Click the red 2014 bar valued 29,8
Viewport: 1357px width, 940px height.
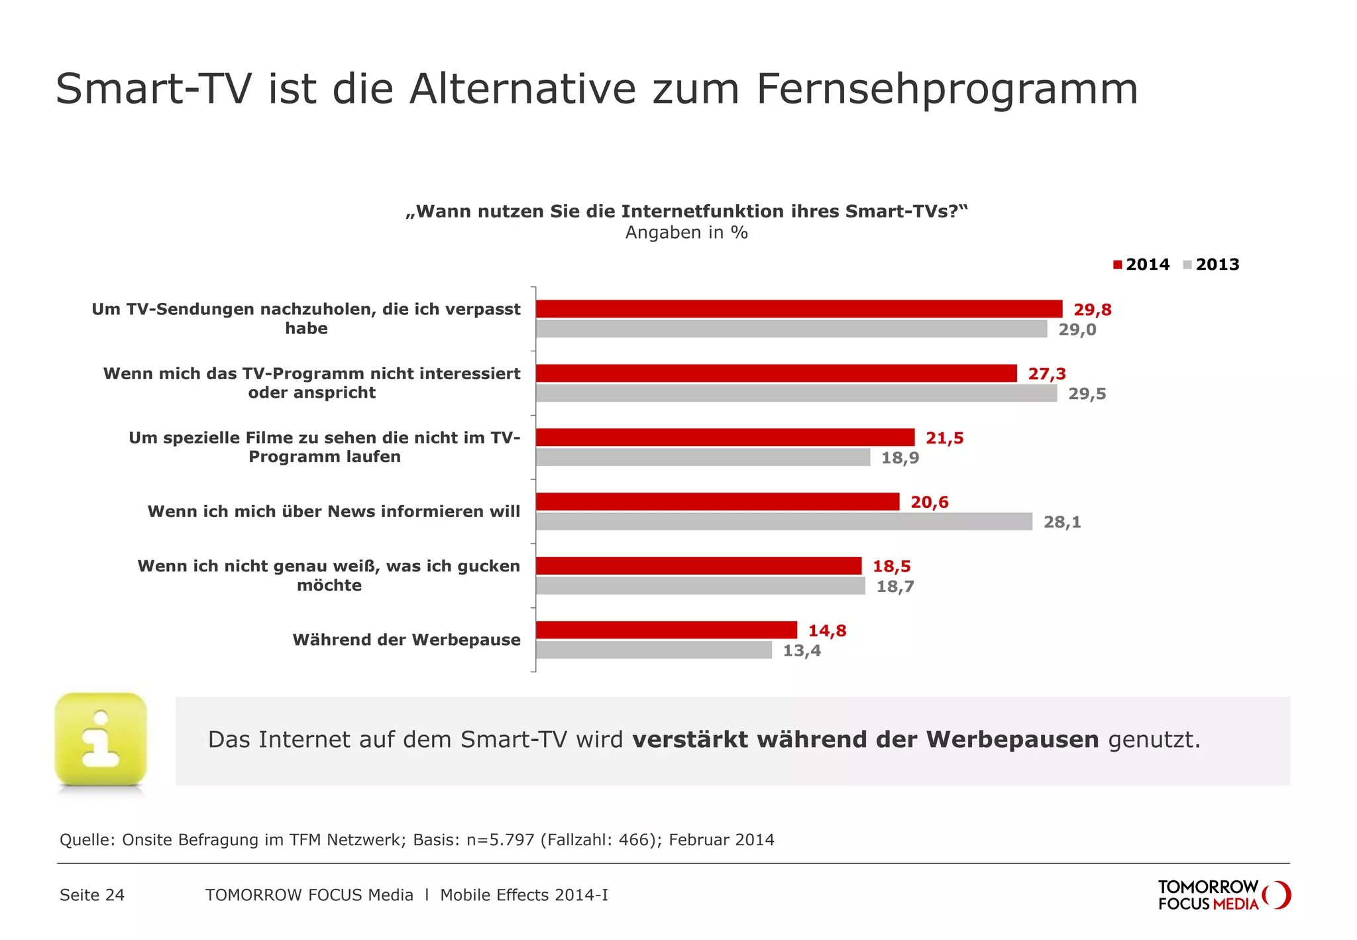pyautogui.click(x=798, y=309)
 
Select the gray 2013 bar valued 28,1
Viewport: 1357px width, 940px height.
pyautogui.click(x=784, y=522)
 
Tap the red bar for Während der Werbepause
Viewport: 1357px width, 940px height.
pyautogui.click(x=666, y=630)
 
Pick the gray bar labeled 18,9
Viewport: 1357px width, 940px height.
pyautogui.click(x=702, y=457)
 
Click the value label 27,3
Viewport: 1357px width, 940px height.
pyautogui.click(x=1047, y=374)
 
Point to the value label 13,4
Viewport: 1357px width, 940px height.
pyautogui.click(x=802, y=650)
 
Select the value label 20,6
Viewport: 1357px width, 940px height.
pyautogui.click(x=929, y=502)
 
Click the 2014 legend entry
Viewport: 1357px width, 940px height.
pyautogui.click(x=1141, y=264)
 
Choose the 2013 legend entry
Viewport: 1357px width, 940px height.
pyautogui.click(x=1211, y=264)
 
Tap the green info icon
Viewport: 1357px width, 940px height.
pyautogui.click(x=101, y=740)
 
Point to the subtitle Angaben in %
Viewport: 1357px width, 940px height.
pyautogui.click(x=686, y=233)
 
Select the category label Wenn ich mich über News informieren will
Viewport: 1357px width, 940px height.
pyautogui.click(x=333, y=512)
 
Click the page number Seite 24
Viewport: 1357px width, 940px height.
pyautogui.click(x=92, y=895)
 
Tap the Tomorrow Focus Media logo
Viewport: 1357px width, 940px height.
pyautogui.click(x=1223, y=895)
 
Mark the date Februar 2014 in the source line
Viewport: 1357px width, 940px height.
pyautogui.click(x=721, y=840)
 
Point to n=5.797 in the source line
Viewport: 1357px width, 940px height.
pyautogui.click(x=500, y=840)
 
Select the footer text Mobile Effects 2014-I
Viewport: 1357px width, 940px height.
pyautogui.click(x=523, y=895)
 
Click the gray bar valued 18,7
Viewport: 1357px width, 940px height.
pyautogui.click(x=700, y=586)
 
